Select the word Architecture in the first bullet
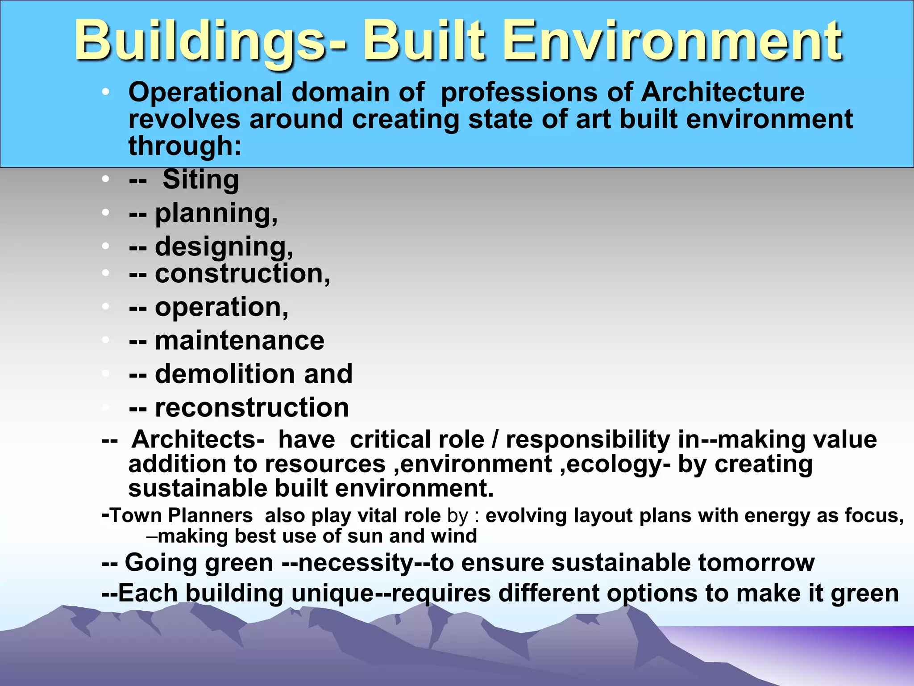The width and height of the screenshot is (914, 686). pyautogui.click(x=723, y=92)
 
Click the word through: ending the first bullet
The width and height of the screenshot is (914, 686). pyautogui.click(x=185, y=146)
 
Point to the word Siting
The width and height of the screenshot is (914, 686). pyautogui.click(x=201, y=180)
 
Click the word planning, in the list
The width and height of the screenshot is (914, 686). pyautogui.click(x=216, y=214)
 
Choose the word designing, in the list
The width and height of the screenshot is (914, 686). pyautogui.click(x=224, y=247)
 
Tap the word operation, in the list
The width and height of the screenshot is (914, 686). pyautogui.click(x=222, y=308)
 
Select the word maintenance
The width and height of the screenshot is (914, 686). pyautogui.click(x=240, y=341)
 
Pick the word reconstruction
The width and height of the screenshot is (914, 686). pyautogui.click(x=252, y=407)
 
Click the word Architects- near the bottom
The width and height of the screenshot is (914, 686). pyautogui.click(x=198, y=439)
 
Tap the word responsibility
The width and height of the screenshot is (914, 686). pyautogui.click(x=588, y=439)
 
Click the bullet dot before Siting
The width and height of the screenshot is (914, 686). pyautogui.click(x=105, y=180)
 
